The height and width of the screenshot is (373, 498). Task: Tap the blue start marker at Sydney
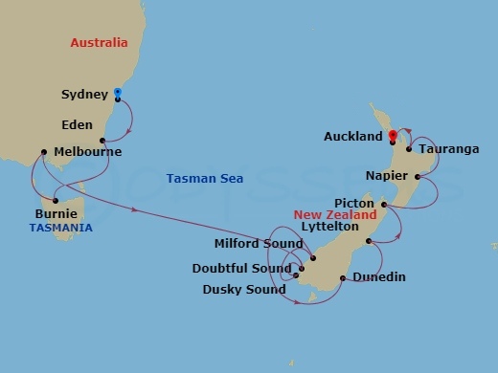click(117, 93)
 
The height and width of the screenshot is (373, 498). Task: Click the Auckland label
click(352, 137)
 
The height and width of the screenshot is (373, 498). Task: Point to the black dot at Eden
click(102, 141)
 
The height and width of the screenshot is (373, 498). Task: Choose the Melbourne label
click(87, 152)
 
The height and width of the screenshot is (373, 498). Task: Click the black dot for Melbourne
click(43, 151)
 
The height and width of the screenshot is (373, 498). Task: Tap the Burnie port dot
click(56, 201)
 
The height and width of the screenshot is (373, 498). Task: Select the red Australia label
click(99, 43)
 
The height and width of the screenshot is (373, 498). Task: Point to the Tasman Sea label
click(204, 179)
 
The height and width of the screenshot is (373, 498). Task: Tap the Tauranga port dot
click(409, 148)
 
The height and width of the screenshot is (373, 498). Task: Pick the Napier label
click(388, 177)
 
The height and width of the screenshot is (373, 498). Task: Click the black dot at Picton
click(382, 204)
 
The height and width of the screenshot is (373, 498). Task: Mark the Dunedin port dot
click(343, 278)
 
